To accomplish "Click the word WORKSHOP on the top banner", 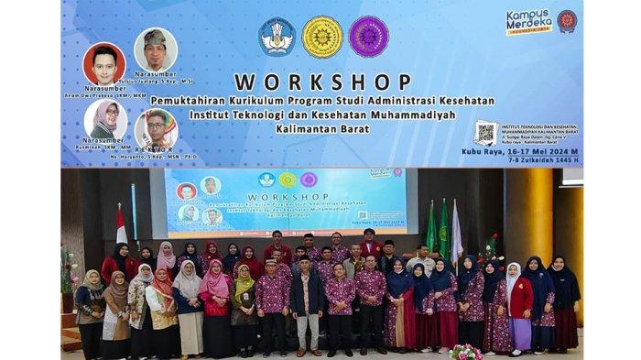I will tap(322, 82).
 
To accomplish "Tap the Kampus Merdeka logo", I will tap(528, 21).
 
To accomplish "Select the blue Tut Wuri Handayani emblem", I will tap(276, 37).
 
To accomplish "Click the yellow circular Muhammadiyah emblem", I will tap(322, 37).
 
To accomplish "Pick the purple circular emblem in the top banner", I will tap(368, 37).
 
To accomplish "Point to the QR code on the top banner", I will tap(486, 133).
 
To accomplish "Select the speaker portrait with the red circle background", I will tap(104, 64).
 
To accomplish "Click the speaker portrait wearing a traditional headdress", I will tap(156, 49).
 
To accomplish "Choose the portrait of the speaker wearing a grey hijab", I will tap(105, 120).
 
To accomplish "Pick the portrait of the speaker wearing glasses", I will tap(157, 129).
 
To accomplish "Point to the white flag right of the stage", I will tap(456, 234).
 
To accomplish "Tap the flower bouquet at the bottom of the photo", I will tap(465, 351).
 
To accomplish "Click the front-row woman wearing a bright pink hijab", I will tap(216, 279).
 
